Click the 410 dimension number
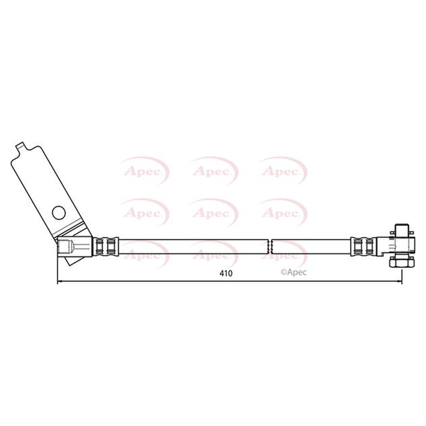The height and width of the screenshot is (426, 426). point(226,273)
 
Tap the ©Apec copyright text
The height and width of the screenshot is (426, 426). point(293,272)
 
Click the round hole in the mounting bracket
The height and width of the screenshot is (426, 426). point(59,213)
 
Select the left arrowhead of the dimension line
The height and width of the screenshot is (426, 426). point(60,281)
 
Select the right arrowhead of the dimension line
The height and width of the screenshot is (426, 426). point(399,281)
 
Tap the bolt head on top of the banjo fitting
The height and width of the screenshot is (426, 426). point(403,230)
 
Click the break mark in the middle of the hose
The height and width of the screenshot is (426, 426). point(270,246)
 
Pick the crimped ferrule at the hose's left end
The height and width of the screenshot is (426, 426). point(106,246)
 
